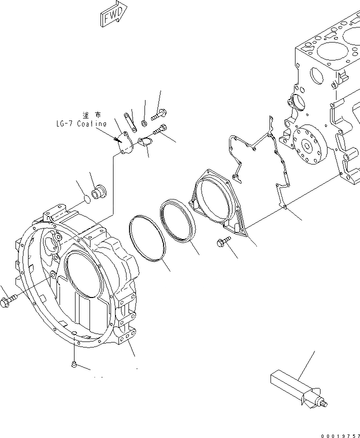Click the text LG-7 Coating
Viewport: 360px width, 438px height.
(x=81, y=123)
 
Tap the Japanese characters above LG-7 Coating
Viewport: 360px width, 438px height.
(x=93, y=115)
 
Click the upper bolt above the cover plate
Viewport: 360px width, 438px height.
(x=161, y=114)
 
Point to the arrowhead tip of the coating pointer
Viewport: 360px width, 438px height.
(x=116, y=140)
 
